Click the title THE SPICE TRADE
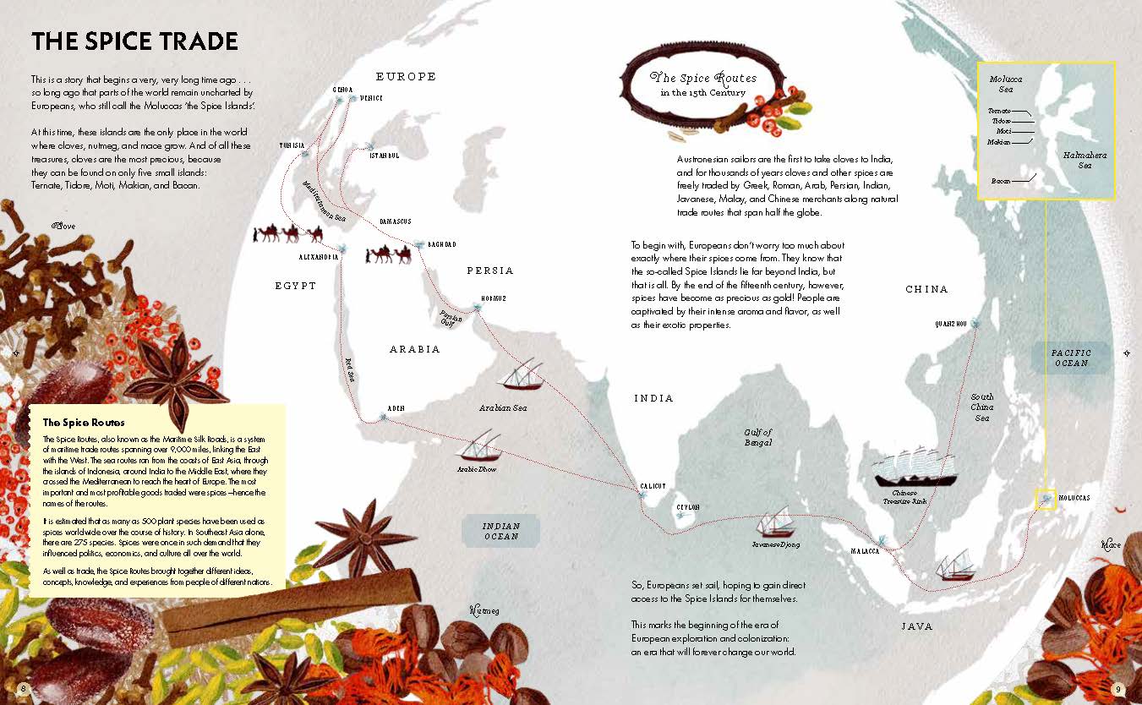click(134, 41)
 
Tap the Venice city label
click(371, 98)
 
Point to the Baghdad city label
click(439, 244)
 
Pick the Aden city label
click(396, 408)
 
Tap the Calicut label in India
click(653, 486)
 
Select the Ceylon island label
click(687, 507)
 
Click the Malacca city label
click(866, 551)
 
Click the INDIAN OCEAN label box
click(501, 531)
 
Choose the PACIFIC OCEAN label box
click(1071, 358)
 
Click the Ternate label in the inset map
click(1000, 110)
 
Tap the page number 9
click(1117, 688)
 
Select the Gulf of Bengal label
click(758, 437)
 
